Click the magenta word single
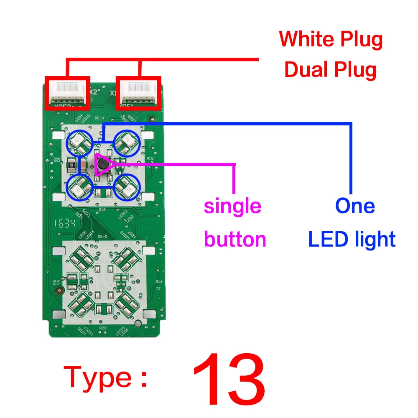point(232,206)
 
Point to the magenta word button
point(235,240)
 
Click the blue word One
point(355,206)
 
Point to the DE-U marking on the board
point(99,118)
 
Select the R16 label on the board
point(159,282)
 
